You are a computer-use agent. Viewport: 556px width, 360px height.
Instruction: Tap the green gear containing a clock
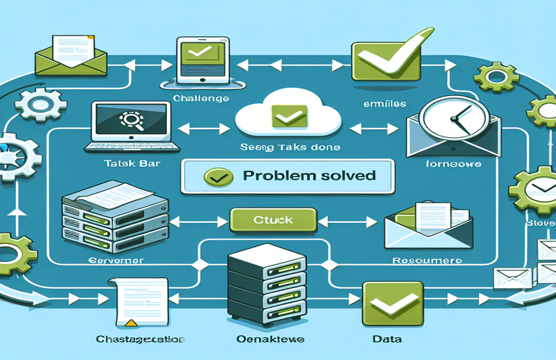[x=537, y=189]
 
